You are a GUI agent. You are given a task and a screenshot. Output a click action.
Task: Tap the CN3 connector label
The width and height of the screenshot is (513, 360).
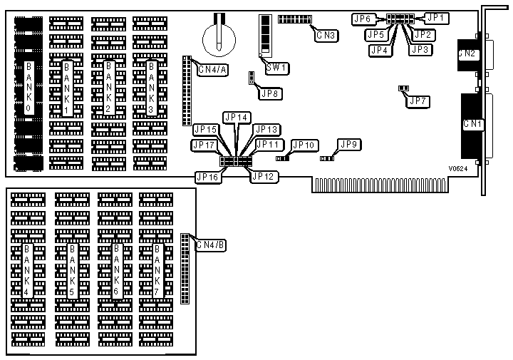click(x=326, y=34)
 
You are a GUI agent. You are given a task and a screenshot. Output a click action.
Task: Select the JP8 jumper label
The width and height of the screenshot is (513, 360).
click(x=271, y=93)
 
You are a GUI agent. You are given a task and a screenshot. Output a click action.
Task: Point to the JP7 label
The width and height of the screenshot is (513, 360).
click(x=418, y=101)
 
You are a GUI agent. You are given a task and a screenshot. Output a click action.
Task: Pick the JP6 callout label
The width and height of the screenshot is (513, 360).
click(x=363, y=19)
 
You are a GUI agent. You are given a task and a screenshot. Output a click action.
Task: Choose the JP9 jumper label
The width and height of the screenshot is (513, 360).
click(x=349, y=145)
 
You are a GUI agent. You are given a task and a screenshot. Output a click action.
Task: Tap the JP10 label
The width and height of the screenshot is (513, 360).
click(x=304, y=145)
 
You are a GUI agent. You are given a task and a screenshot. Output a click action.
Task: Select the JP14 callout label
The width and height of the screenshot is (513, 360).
click(x=235, y=116)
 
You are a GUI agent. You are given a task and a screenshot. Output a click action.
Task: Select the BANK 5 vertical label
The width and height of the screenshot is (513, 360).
click(x=72, y=270)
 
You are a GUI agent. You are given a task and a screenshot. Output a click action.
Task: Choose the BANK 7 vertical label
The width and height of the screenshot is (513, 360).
click(x=158, y=270)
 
